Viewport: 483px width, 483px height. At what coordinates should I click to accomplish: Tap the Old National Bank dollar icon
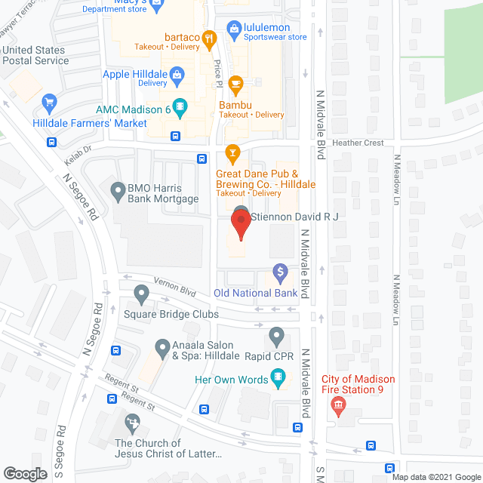click(x=279, y=271)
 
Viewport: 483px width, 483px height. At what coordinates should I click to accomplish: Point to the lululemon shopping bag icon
click(x=234, y=29)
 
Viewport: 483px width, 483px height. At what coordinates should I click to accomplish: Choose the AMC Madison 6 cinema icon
click(x=180, y=110)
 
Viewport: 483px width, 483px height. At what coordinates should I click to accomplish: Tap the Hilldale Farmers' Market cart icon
click(x=51, y=103)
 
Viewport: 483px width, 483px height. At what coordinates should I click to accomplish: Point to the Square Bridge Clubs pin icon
click(x=141, y=293)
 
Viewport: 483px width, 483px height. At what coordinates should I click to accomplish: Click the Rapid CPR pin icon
click(x=276, y=334)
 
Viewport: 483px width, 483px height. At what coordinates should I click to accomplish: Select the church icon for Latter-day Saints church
click(x=133, y=421)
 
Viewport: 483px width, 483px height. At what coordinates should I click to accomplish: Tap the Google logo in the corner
click(x=24, y=473)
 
